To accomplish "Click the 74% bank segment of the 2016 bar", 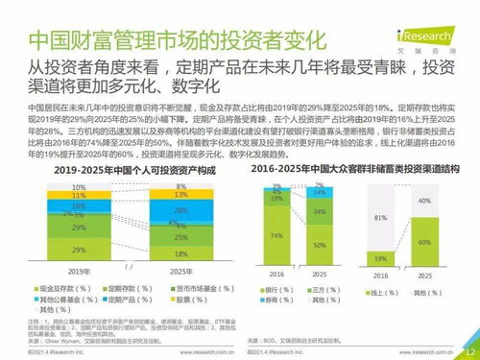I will pyautogui.click(x=276, y=233).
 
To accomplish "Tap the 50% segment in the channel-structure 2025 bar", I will pyautogui.click(x=319, y=245).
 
